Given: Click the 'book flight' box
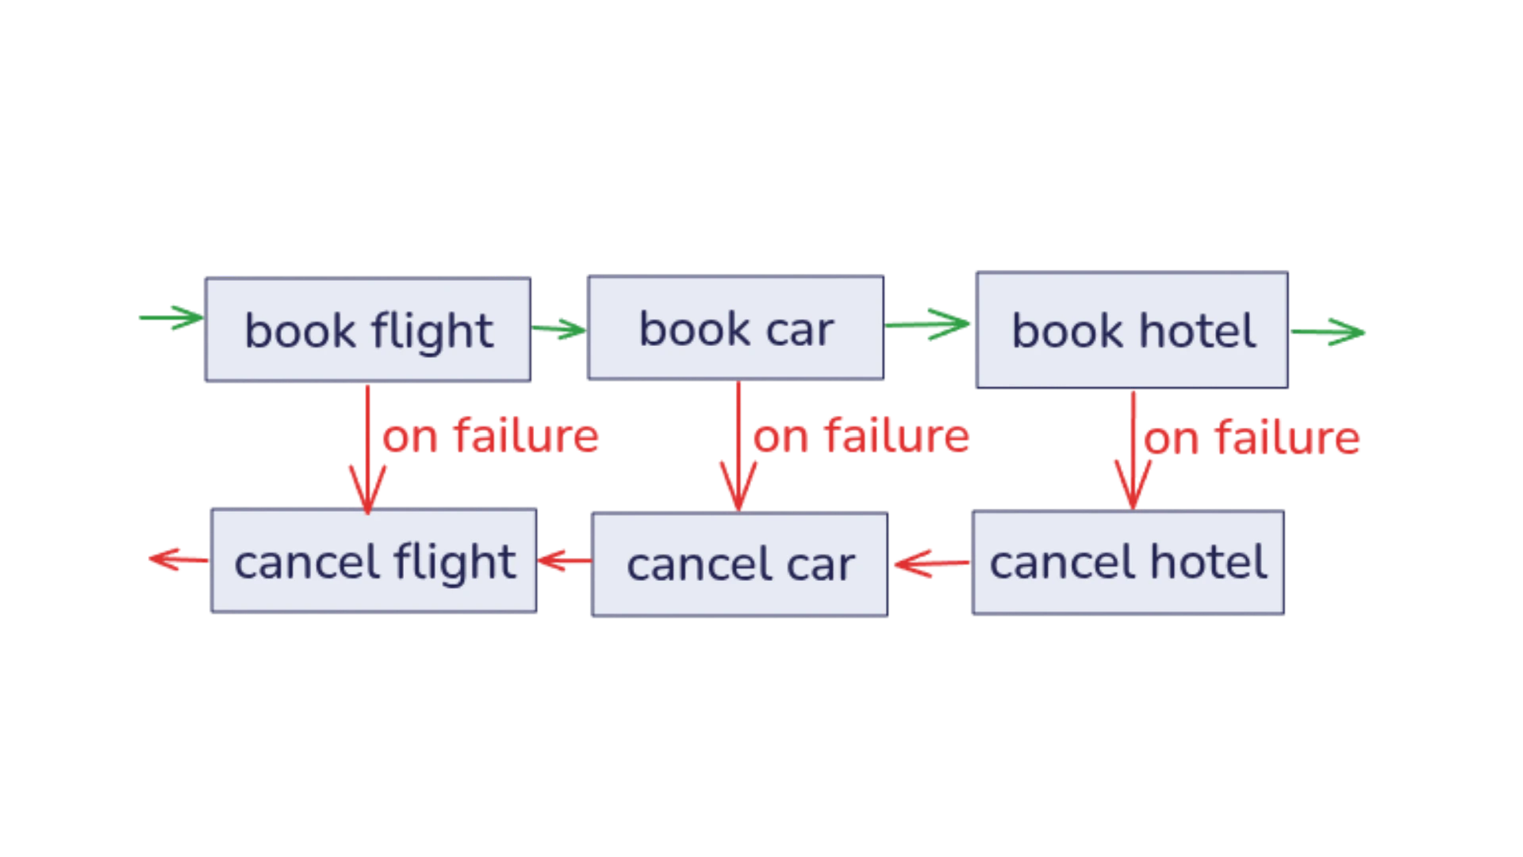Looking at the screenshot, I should pos(367,330).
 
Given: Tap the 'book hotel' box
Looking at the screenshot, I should pos(1132,330).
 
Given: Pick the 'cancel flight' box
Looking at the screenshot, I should pos(373,562).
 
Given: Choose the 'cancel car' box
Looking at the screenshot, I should pos(739,564).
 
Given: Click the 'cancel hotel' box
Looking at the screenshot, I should pos(1126,563).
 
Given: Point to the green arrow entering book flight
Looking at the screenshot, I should pos(169,318).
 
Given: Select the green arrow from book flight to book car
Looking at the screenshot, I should pos(558,328).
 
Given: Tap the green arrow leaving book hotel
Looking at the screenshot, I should pos(1329,331).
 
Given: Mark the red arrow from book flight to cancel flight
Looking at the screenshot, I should pos(367,448).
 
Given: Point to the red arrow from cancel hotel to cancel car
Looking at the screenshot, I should pos(930,564).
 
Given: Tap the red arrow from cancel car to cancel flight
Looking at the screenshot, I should pos(564,563).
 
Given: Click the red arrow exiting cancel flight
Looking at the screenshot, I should pos(177,560).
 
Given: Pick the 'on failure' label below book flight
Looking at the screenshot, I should pos(491,436).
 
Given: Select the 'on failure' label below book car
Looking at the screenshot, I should pos(861,436).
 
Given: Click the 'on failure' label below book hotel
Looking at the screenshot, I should pos(1253,438).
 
